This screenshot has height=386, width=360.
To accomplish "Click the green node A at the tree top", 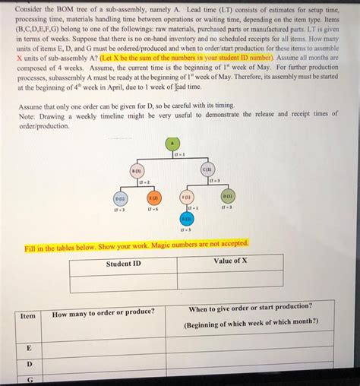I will tap(172, 143).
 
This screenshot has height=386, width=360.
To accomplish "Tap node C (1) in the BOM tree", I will tap(207, 169).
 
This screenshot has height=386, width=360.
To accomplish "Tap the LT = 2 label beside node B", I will tap(143, 182).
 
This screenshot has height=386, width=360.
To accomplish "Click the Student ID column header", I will tap(123, 264).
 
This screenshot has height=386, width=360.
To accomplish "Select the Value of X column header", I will tap(230, 261).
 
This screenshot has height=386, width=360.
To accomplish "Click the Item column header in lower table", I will tap(27, 315).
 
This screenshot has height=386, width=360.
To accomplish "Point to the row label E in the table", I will tap(28, 347).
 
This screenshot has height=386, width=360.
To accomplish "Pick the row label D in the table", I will tap(28, 364).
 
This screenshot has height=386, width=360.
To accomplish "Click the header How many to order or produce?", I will tap(103, 312).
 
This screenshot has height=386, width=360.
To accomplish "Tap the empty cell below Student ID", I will tap(123, 282).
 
